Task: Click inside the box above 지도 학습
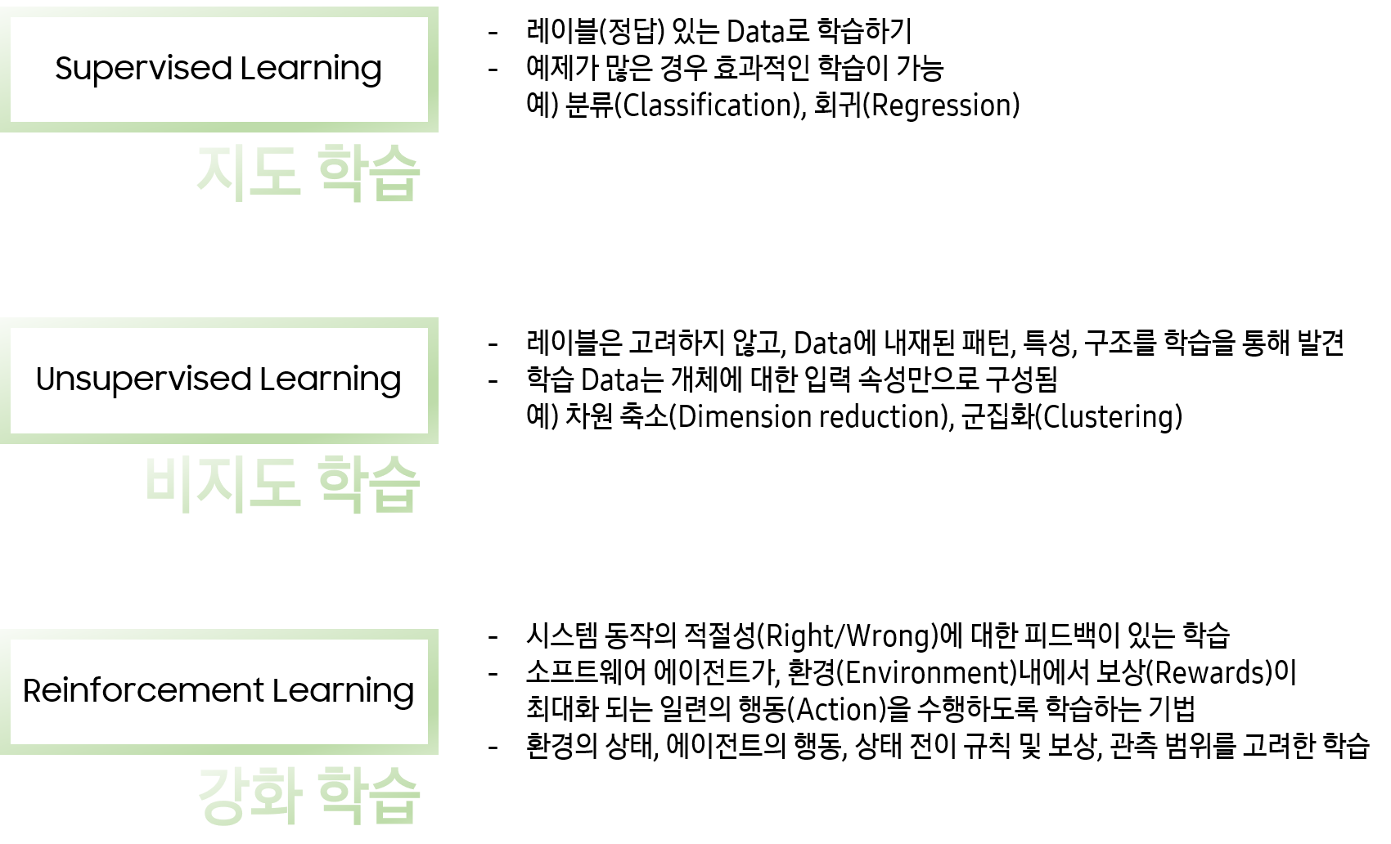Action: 219,70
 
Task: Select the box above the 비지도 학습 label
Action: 219,381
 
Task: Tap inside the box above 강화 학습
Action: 219,692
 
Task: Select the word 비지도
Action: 223,483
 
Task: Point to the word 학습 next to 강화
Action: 368,795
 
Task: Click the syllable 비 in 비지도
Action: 169,483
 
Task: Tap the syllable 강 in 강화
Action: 222,795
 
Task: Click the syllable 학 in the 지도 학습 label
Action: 341,172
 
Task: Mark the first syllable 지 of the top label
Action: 222,172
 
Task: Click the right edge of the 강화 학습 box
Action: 434,692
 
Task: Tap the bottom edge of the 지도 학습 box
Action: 219,127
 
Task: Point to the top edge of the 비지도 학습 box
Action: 219,323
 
